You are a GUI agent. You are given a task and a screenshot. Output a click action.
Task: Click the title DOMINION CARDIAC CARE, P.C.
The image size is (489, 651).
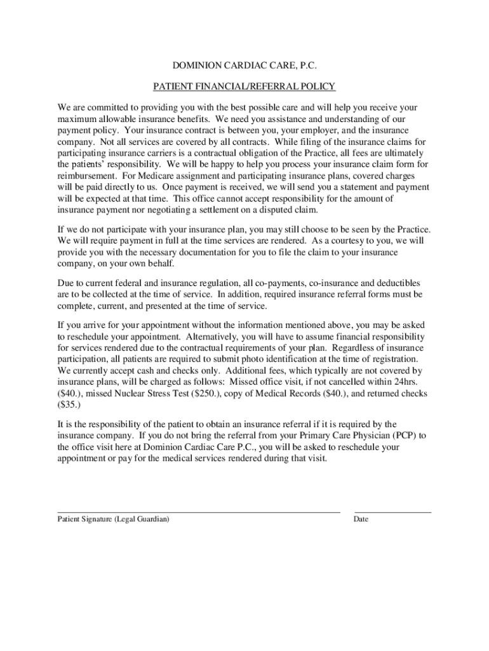[245, 66]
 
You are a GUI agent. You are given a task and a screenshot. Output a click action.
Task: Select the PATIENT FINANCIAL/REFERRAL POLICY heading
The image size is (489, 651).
[245, 86]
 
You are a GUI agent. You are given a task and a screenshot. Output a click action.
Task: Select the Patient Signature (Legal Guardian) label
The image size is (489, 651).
[113, 519]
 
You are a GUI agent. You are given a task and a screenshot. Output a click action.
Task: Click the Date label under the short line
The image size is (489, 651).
[361, 519]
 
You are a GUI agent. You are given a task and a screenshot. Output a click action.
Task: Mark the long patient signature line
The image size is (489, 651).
[199, 511]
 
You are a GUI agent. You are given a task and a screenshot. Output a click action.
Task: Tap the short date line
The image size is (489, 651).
[392, 511]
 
